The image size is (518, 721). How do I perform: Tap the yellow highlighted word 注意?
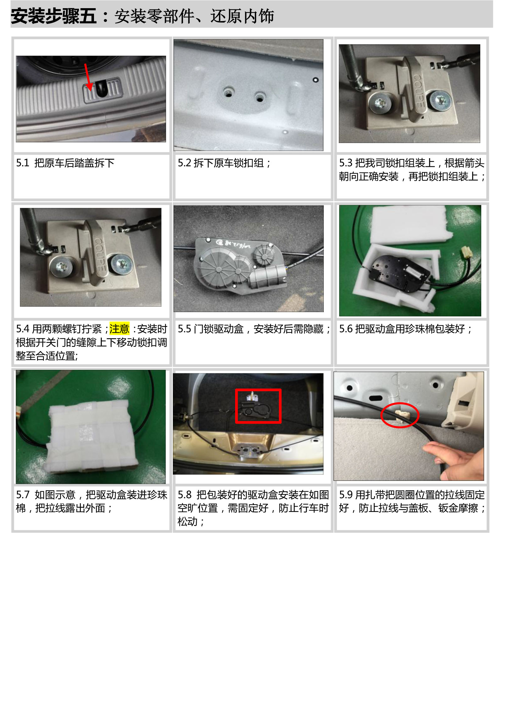pos(119,328)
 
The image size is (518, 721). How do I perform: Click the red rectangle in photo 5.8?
pos(258,406)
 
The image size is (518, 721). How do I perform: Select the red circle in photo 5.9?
pos(400,415)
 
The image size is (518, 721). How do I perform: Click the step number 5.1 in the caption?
pos(23,163)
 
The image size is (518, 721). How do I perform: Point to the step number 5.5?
pos(184,329)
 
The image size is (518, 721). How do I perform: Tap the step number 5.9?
pos(346,495)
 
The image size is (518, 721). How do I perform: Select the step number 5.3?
pos(346,163)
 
